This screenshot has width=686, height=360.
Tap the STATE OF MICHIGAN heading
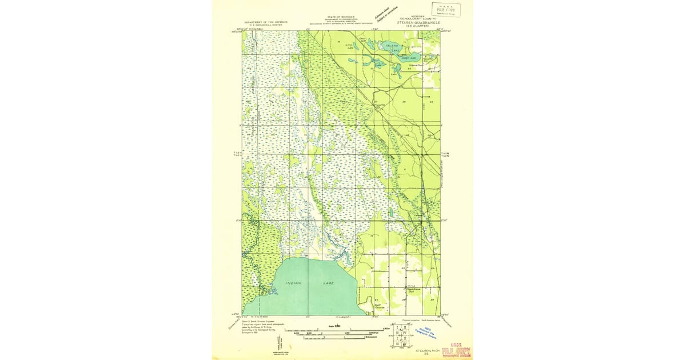click(x=341, y=18)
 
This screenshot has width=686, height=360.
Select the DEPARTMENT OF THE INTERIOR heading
click(x=266, y=22)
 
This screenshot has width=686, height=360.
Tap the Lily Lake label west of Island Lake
click(x=350, y=47)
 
